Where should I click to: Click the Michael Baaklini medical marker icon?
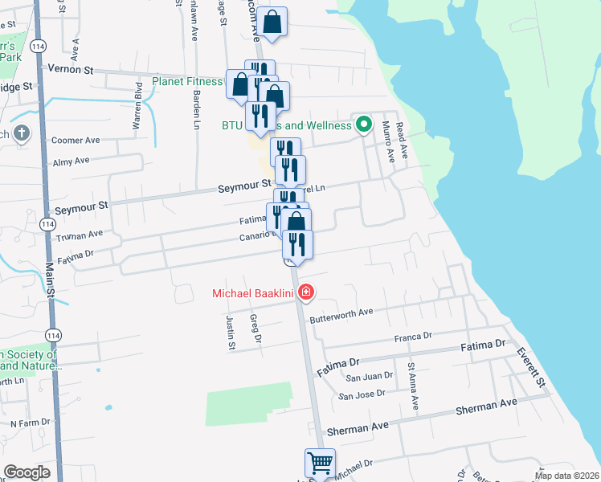[305, 292]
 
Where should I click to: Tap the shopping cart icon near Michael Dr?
[319, 464]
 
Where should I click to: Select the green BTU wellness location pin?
[363, 125]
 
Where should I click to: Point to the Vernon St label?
[72, 69]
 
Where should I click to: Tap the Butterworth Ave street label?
[343, 312]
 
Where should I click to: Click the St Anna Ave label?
[411, 377]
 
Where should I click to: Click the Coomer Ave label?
[75, 140]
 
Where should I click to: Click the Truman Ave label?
[80, 235]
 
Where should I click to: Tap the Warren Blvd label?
[137, 111]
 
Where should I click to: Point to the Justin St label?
[231, 333]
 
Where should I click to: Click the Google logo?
[27, 472]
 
